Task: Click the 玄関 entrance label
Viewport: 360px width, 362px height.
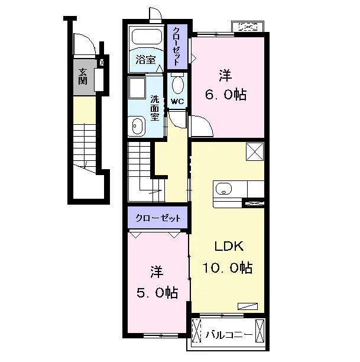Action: [x=83, y=77]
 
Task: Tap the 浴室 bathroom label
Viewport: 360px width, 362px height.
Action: [x=145, y=60]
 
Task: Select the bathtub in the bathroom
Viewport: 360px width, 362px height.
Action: [x=147, y=37]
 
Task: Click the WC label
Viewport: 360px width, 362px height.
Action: [x=177, y=101]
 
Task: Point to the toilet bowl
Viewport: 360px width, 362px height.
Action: [x=178, y=85]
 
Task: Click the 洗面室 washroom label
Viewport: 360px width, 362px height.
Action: [x=155, y=108]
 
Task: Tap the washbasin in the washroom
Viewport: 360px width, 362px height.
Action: [x=137, y=126]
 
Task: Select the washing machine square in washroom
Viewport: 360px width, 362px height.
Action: [x=137, y=88]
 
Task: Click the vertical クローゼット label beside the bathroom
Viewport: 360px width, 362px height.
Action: [x=177, y=47]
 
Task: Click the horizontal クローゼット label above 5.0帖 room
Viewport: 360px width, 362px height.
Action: [x=158, y=218]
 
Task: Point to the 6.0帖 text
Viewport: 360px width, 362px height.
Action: [x=226, y=95]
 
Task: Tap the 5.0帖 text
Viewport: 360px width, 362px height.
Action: [x=157, y=293]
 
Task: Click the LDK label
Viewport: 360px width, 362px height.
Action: [x=229, y=246]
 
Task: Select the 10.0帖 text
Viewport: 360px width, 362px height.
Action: [x=228, y=268]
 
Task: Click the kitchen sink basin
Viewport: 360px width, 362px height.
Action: [x=223, y=189]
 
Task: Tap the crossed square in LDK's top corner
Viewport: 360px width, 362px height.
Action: [x=255, y=151]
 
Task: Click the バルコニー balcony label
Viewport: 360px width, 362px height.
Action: [x=228, y=335]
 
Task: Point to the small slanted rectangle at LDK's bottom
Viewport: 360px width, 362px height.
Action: [x=248, y=306]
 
